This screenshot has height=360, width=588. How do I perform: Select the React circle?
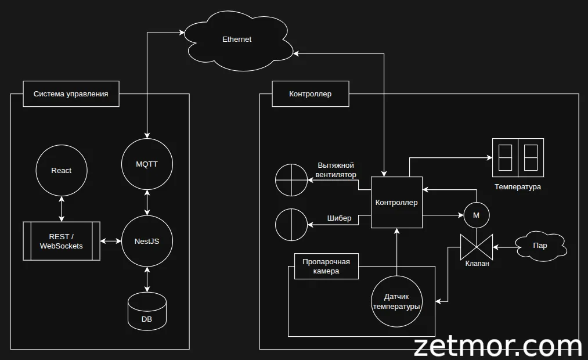[x=61, y=171]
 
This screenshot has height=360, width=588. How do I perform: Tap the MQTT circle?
[x=147, y=164]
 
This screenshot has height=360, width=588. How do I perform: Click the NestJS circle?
[x=147, y=241]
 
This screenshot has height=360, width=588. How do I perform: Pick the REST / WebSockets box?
[x=62, y=241]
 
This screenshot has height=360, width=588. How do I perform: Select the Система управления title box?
[x=71, y=93]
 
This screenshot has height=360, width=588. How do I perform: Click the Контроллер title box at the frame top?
[x=311, y=93]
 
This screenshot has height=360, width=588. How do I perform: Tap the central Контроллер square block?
[x=396, y=203]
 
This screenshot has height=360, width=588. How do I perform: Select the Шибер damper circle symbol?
[x=291, y=224]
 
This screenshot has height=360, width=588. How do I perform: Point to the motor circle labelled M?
[x=477, y=215]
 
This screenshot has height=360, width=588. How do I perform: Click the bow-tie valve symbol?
[x=477, y=247]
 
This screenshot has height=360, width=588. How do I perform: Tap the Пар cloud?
[x=540, y=246]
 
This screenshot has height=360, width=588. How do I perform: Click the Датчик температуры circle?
[x=397, y=301]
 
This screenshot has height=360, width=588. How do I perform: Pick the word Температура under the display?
[x=518, y=187]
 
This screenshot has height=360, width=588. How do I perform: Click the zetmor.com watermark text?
[x=497, y=347]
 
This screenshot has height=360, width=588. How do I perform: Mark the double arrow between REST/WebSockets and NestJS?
[x=110, y=241]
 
